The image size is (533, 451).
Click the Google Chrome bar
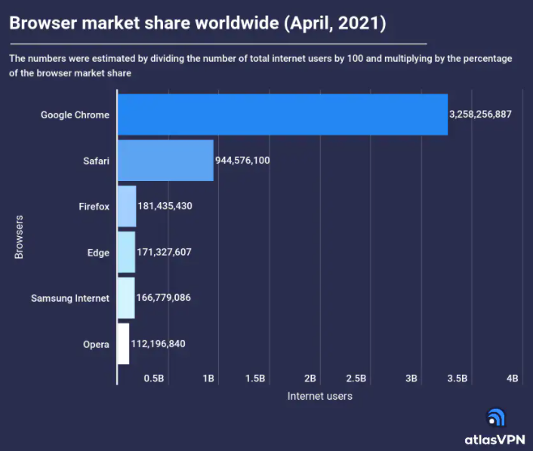tap(282, 115)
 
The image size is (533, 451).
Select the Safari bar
tap(165, 161)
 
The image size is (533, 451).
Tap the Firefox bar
tap(127, 206)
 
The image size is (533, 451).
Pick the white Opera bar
tap(124, 344)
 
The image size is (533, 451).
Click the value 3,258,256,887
tap(480, 115)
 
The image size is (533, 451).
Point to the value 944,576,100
tap(242, 161)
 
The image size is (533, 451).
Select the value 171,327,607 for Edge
tap(164, 252)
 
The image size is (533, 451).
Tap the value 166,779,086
tap(163, 298)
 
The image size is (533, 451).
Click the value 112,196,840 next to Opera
tap(158, 344)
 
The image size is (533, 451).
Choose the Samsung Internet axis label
tap(70, 299)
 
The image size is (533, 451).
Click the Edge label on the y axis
tap(98, 253)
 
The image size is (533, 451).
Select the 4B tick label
tap(512, 378)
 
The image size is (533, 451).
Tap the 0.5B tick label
tap(153, 378)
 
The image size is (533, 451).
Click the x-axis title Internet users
tap(319, 396)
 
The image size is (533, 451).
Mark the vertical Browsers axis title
tap(19, 237)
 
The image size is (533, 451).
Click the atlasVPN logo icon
tap(495, 417)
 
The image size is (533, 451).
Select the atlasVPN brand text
tap(494, 438)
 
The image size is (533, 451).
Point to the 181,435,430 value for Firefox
tap(165, 206)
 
